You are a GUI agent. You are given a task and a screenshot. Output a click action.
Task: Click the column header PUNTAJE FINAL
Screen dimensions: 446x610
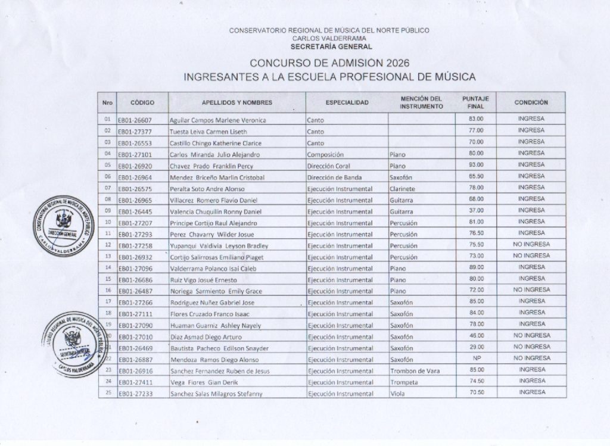475,102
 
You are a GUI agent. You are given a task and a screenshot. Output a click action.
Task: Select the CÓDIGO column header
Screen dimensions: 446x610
142,102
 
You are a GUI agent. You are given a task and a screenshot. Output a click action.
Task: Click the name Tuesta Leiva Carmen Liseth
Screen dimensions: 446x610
208,132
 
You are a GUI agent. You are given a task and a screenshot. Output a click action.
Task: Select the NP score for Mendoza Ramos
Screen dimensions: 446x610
476,358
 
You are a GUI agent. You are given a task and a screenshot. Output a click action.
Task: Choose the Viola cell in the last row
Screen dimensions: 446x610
397,394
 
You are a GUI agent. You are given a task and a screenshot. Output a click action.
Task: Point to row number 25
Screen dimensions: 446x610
107,393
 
